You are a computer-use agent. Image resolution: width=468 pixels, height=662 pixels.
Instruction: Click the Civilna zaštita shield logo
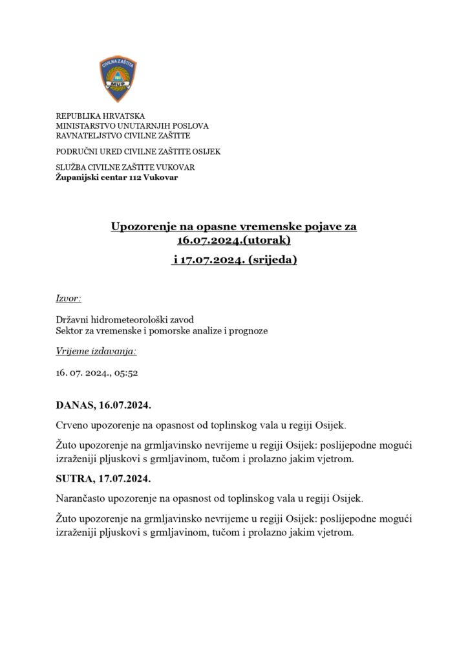(118, 79)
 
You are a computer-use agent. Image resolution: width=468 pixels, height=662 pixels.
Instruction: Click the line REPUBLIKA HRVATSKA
(100, 116)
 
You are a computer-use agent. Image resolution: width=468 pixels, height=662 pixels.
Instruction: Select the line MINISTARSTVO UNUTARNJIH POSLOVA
(132, 126)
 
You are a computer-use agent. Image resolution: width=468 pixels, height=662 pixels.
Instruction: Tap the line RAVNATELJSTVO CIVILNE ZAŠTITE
(123, 136)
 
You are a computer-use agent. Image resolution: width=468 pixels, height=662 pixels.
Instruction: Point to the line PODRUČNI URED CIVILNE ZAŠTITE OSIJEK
(138, 152)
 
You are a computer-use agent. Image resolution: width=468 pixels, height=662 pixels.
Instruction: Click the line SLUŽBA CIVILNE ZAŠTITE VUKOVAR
(125, 167)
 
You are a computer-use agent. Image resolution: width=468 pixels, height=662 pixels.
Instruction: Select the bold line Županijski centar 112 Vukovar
(116, 177)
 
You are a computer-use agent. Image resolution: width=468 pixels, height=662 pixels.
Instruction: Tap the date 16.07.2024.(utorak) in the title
(234, 241)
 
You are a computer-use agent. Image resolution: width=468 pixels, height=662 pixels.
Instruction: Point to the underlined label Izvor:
(69, 299)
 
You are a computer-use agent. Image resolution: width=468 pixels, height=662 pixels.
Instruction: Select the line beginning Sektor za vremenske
(162, 331)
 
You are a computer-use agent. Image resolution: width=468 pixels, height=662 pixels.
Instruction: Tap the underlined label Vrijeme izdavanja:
(96, 352)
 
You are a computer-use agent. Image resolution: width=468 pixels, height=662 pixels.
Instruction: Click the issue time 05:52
(126, 373)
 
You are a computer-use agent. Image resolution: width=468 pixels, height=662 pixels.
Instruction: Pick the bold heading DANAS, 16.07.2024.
(103, 406)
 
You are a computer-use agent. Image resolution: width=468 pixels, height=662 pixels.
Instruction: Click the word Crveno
(73, 426)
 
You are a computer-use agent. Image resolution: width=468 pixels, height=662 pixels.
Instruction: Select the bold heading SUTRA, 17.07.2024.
(103, 479)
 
